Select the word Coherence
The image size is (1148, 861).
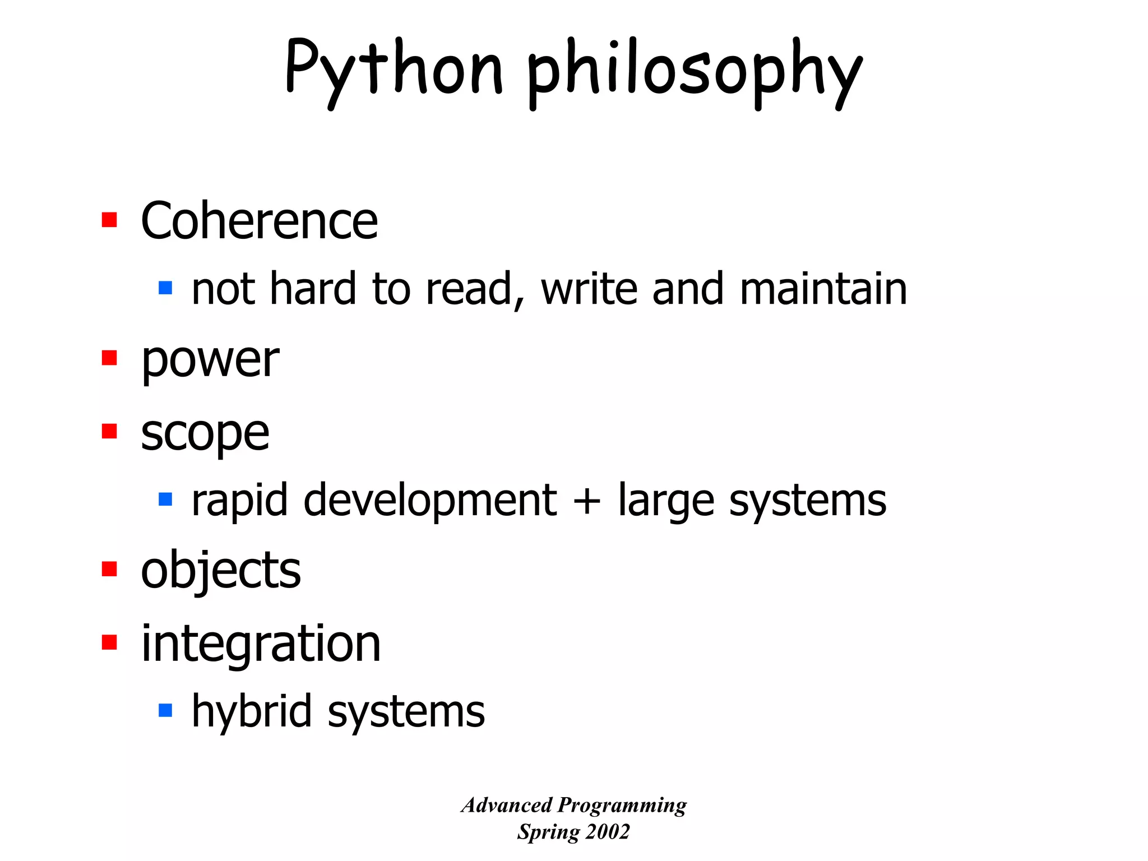259,221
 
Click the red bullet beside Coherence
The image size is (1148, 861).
109,220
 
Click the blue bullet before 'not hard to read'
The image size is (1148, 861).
165,288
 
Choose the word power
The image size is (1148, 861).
210,360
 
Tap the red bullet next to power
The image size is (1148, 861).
109,358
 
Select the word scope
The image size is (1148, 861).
205,434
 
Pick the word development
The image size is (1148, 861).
430,500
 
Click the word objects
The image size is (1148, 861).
220,571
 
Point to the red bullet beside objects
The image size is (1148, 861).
109,569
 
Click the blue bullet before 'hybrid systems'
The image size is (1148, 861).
165,711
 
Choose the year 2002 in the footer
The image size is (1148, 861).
607,832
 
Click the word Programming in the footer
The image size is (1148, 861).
622,806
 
